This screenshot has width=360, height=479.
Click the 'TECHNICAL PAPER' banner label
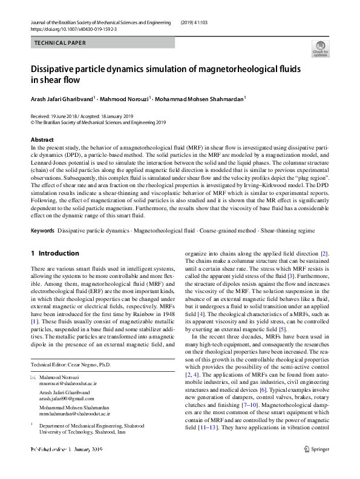[x=61, y=43]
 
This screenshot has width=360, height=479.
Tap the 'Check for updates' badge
[x=319, y=48]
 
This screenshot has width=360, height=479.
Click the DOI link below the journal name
[x=69, y=29]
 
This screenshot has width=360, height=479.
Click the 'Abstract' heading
[x=42, y=140]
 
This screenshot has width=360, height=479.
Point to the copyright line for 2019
[x=98, y=122]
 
